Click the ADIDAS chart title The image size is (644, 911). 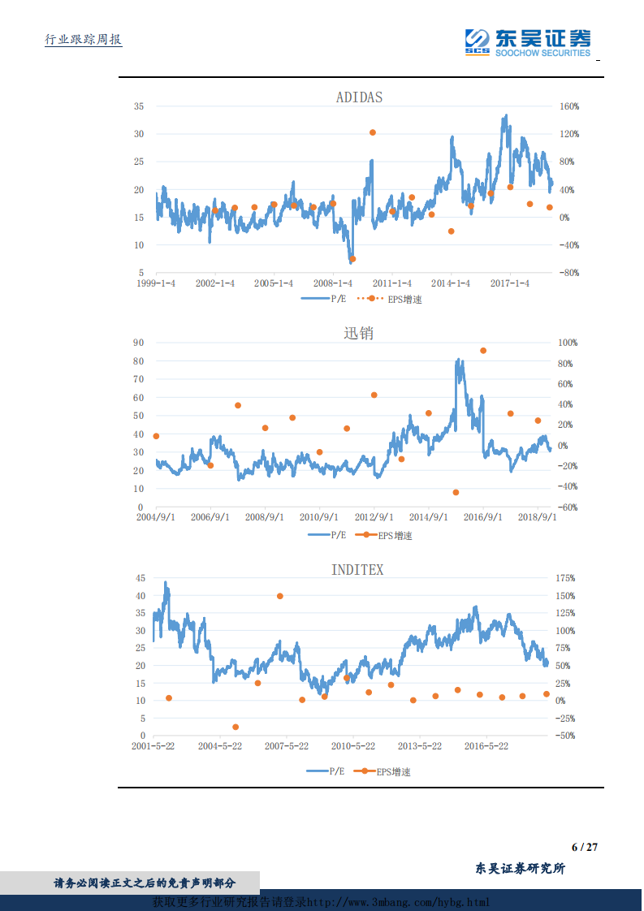pyautogui.click(x=359, y=97)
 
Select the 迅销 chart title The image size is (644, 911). pyautogui.click(x=359, y=333)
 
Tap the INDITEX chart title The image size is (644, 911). pyautogui.click(x=357, y=570)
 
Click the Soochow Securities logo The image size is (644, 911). pyautogui.click(x=528, y=42)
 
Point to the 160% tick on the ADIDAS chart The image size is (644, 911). pyautogui.click(x=568, y=106)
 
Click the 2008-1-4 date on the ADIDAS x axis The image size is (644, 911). pyautogui.click(x=333, y=283)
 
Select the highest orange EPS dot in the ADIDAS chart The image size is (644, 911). pyautogui.click(x=373, y=132)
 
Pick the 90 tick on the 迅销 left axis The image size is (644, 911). pyautogui.click(x=139, y=343)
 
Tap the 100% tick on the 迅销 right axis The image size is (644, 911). pyautogui.click(x=568, y=343)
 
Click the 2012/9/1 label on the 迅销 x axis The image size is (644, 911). pyautogui.click(x=374, y=517)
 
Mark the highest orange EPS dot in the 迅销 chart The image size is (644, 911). pyautogui.click(x=483, y=351)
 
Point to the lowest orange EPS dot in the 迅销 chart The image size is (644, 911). pyautogui.click(x=456, y=493)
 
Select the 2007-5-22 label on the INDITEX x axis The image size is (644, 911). pyautogui.click(x=287, y=745)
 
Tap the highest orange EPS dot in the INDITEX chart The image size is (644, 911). pyautogui.click(x=280, y=596)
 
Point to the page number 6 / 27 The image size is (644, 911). pyautogui.click(x=584, y=847)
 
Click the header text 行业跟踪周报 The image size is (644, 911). pyautogui.click(x=83, y=40)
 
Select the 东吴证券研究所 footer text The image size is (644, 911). pyautogui.click(x=520, y=868)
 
